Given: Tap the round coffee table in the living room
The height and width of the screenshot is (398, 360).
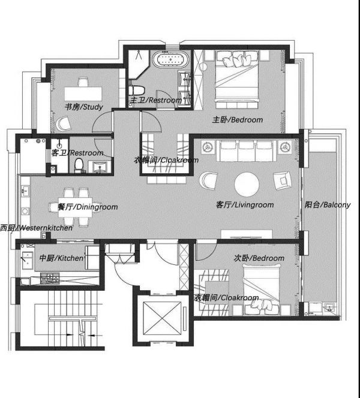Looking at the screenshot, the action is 247,185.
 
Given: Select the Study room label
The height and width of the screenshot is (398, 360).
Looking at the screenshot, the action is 84,107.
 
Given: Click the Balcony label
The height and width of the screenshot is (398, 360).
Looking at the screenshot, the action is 328,204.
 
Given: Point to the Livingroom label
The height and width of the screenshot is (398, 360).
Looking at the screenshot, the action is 245,204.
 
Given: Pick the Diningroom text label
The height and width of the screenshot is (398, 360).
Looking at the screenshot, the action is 88,207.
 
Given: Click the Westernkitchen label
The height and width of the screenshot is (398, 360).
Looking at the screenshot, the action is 36,228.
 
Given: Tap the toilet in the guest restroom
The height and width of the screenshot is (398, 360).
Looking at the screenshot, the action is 79,164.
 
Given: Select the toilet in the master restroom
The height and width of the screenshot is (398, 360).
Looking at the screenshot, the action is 136,90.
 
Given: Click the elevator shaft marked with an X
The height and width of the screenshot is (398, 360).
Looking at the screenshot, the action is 163,318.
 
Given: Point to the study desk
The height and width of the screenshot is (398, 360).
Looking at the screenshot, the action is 83,94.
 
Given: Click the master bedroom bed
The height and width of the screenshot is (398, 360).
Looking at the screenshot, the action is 237,80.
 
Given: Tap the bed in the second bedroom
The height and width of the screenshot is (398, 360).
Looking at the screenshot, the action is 262,290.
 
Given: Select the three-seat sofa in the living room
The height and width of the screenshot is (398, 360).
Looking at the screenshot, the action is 246,151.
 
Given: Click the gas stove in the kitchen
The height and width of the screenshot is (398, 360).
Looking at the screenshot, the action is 50,278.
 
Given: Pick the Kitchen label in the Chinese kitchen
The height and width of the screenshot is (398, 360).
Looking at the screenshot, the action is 61,258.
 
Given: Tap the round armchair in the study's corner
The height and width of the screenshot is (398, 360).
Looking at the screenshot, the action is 63,123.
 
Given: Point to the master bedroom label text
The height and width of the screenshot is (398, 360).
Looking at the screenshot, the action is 238,119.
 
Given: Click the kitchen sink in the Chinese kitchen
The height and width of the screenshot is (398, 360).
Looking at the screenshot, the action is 28,260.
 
